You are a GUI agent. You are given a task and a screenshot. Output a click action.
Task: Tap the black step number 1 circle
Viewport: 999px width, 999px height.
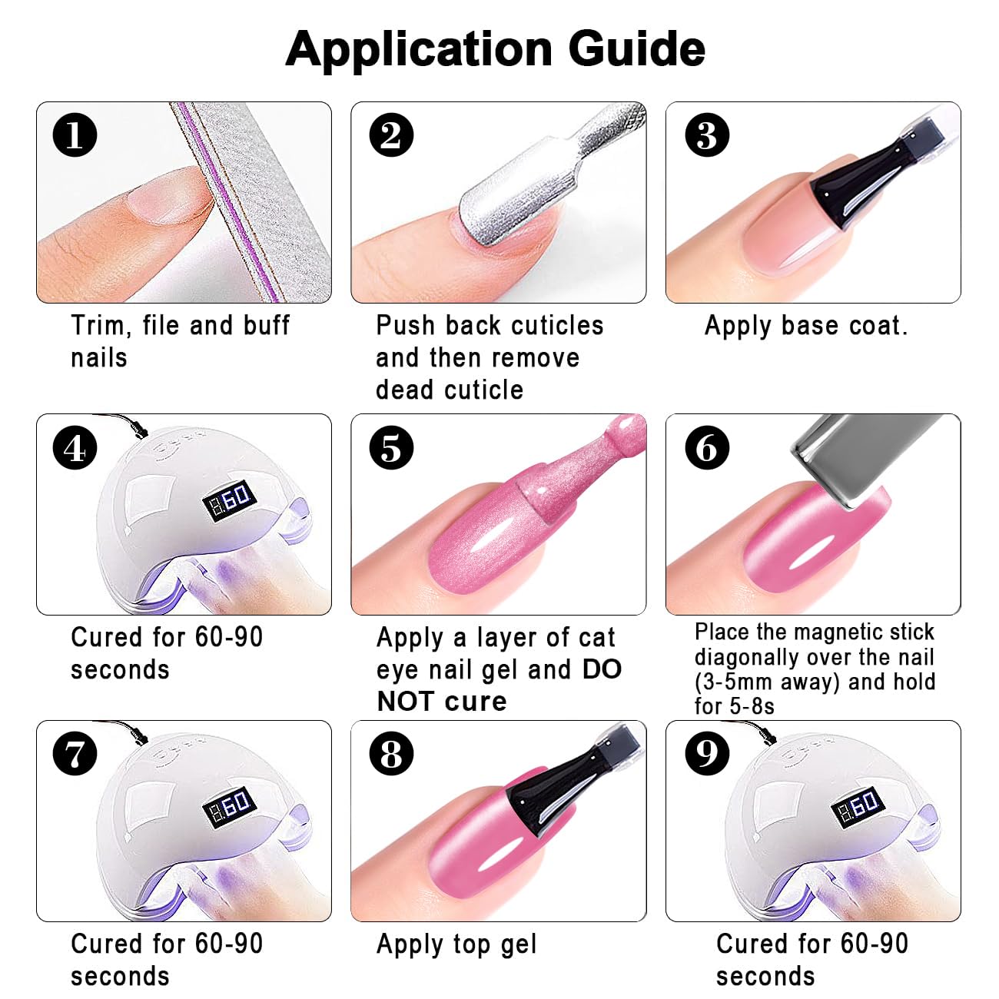coord(75,135)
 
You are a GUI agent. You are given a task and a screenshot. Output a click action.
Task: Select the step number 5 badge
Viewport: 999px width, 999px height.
coord(391,448)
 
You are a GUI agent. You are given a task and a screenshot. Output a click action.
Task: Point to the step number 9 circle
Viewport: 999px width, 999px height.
coord(707,754)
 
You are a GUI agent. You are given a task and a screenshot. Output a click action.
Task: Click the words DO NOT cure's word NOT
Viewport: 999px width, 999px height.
coord(406,702)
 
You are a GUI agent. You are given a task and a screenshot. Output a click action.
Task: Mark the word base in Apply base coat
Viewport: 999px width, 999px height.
coord(809,326)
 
